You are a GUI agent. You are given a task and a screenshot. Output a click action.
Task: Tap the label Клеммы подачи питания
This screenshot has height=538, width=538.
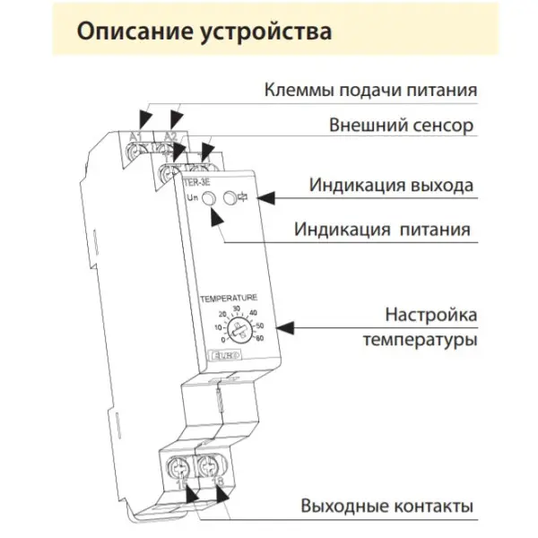369,91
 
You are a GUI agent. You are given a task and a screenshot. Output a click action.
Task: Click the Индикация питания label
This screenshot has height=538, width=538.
382,229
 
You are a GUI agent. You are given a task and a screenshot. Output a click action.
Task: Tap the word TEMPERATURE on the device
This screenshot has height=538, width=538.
229,297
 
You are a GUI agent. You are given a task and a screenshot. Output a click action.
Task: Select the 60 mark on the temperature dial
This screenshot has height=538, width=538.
260,338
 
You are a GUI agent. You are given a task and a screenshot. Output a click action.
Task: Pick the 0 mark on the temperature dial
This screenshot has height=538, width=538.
218,340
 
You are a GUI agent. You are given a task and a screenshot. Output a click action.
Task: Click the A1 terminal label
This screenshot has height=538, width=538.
137,135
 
